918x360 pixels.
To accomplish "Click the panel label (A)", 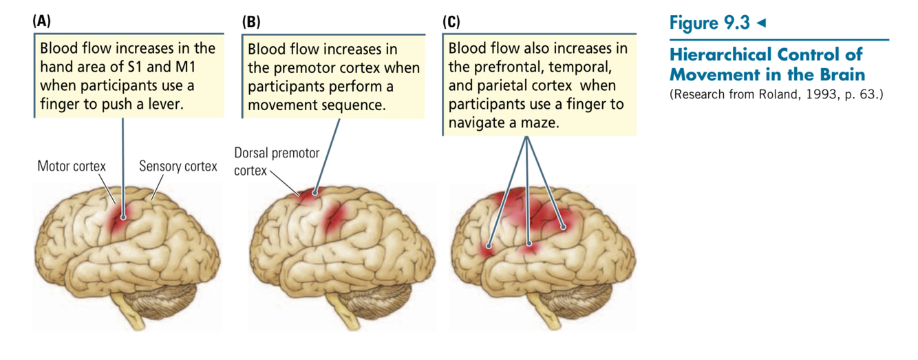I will [41, 21].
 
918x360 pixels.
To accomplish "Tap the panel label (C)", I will [451, 22].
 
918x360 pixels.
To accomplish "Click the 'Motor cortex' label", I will [72, 167].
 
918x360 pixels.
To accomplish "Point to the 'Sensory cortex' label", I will [178, 167].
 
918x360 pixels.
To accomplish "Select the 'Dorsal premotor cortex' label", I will [276, 161].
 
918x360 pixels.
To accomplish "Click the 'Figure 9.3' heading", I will [709, 23].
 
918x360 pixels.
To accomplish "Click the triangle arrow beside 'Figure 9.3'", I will [760, 23].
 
